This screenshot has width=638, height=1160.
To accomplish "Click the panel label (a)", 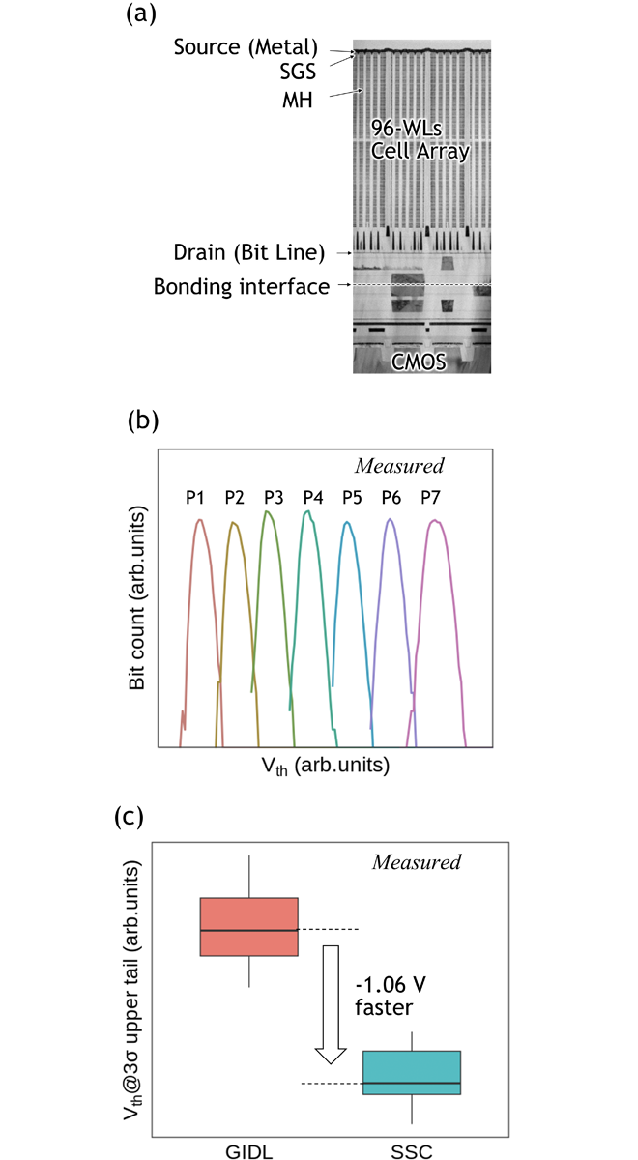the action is (x=141, y=14).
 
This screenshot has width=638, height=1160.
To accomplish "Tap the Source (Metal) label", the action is (x=246, y=47).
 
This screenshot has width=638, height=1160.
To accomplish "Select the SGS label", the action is (x=298, y=72).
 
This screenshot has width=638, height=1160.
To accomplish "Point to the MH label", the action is (x=298, y=100).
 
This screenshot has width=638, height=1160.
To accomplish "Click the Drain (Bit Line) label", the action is (x=249, y=252).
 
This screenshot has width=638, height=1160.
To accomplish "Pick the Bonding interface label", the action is (x=242, y=286).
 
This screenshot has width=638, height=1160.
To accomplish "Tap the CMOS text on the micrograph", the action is (x=419, y=362).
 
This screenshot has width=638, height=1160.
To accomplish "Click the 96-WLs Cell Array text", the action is (x=420, y=140).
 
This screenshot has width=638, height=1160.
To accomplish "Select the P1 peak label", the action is (x=194, y=498).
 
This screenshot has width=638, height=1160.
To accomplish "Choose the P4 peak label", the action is (x=313, y=498).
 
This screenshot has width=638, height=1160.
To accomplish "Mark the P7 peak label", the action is (x=430, y=498).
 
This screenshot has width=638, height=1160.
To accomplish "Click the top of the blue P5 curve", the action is (x=348, y=523).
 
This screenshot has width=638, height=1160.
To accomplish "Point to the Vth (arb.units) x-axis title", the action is (x=325, y=766).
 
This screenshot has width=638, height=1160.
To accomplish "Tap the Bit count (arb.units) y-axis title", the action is (x=137, y=597).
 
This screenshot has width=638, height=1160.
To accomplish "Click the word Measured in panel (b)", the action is (x=399, y=466).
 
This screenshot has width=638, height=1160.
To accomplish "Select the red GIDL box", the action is (x=249, y=926).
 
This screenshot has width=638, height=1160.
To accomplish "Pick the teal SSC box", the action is (x=412, y=1072).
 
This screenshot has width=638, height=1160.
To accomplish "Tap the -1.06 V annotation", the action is (x=391, y=984).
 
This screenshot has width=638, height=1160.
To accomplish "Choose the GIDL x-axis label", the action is (x=249, y=1150).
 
